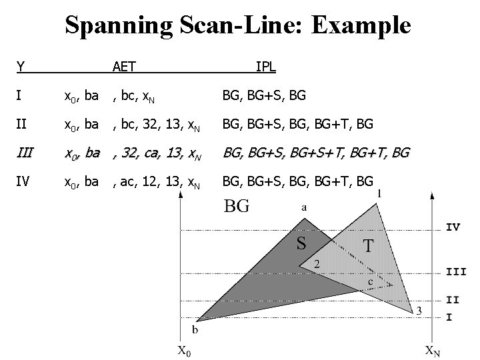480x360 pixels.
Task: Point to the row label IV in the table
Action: point(23,181)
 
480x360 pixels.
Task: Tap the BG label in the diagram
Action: point(237,206)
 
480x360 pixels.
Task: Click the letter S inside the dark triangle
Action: point(302,243)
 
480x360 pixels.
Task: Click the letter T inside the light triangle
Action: point(368,246)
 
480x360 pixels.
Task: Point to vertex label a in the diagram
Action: point(304,207)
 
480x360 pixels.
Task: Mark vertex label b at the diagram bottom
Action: point(195,329)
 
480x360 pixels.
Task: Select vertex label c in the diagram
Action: point(370,283)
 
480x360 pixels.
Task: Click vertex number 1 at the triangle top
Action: point(380,193)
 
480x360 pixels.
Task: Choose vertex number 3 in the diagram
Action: point(419,310)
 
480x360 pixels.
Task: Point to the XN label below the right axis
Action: point(433,350)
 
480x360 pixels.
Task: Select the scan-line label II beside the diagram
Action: point(453,299)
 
